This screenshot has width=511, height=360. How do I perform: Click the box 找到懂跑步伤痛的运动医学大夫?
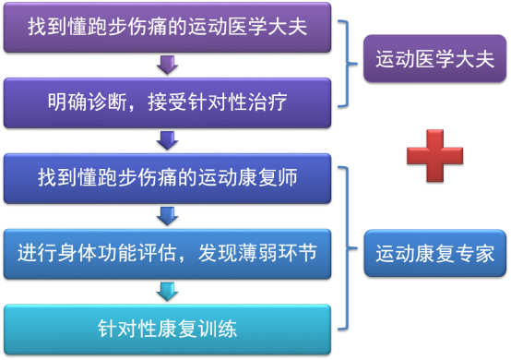point(167,27)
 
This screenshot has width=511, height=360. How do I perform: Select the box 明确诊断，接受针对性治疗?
point(167,102)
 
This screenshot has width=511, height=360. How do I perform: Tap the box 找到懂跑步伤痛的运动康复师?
point(167,178)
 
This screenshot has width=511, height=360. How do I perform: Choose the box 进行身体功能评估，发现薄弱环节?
point(167,254)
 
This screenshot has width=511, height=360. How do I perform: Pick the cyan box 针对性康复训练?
point(167,330)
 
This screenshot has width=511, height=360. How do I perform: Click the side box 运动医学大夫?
point(434,58)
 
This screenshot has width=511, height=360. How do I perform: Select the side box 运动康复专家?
point(434,253)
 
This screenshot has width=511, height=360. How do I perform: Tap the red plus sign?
point(434,156)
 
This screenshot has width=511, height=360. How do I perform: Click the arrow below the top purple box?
point(167,65)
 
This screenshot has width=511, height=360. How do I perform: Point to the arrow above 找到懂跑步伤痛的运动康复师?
point(167,140)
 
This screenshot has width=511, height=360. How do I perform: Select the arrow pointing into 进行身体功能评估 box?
point(167,216)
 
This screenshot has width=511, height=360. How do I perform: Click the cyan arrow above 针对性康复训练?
point(167,292)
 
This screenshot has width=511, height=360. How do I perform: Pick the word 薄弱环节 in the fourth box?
point(278,253)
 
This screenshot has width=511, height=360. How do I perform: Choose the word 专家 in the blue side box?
point(475,254)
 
